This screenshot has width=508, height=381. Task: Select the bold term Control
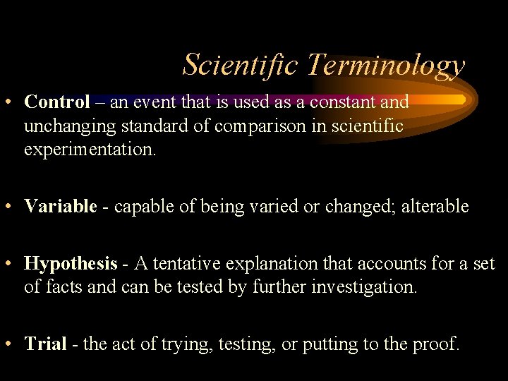57,102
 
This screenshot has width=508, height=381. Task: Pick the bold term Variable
60,206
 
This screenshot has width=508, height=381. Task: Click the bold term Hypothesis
71,264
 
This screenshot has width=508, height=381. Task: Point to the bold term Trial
45,344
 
